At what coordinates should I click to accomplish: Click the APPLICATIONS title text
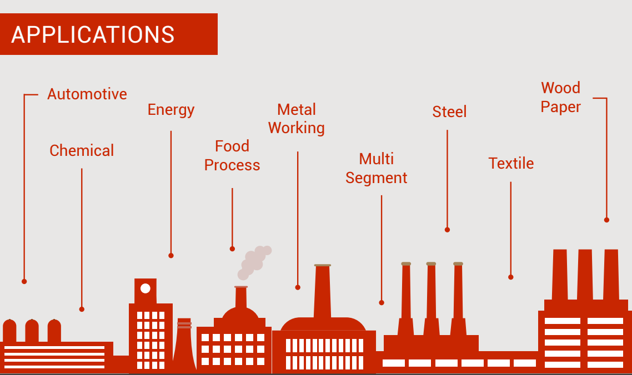[x=93, y=34]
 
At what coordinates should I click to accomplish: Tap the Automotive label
[x=87, y=94]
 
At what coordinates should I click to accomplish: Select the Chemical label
[x=82, y=150]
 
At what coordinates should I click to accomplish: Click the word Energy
[x=171, y=109]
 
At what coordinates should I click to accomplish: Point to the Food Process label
[x=232, y=155]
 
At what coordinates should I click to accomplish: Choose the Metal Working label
[x=296, y=119]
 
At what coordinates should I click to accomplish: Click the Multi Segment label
[x=377, y=169]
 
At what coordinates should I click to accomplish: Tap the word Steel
[x=449, y=112]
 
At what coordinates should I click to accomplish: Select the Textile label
[x=511, y=163]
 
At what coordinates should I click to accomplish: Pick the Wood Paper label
[x=561, y=97]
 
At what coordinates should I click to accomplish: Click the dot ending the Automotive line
[x=24, y=282]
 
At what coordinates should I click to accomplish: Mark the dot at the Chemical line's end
[x=82, y=310]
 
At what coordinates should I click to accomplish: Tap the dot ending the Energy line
[x=171, y=256]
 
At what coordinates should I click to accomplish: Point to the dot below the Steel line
[x=447, y=230]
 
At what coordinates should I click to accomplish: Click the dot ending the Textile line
[x=511, y=277]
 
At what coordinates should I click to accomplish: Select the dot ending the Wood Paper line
[x=606, y=220]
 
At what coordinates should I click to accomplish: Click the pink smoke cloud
[x=254, y=262]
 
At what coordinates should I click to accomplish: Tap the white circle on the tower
[x=145, y=288]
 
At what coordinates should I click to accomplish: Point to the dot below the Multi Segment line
[x=382, y=303]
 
